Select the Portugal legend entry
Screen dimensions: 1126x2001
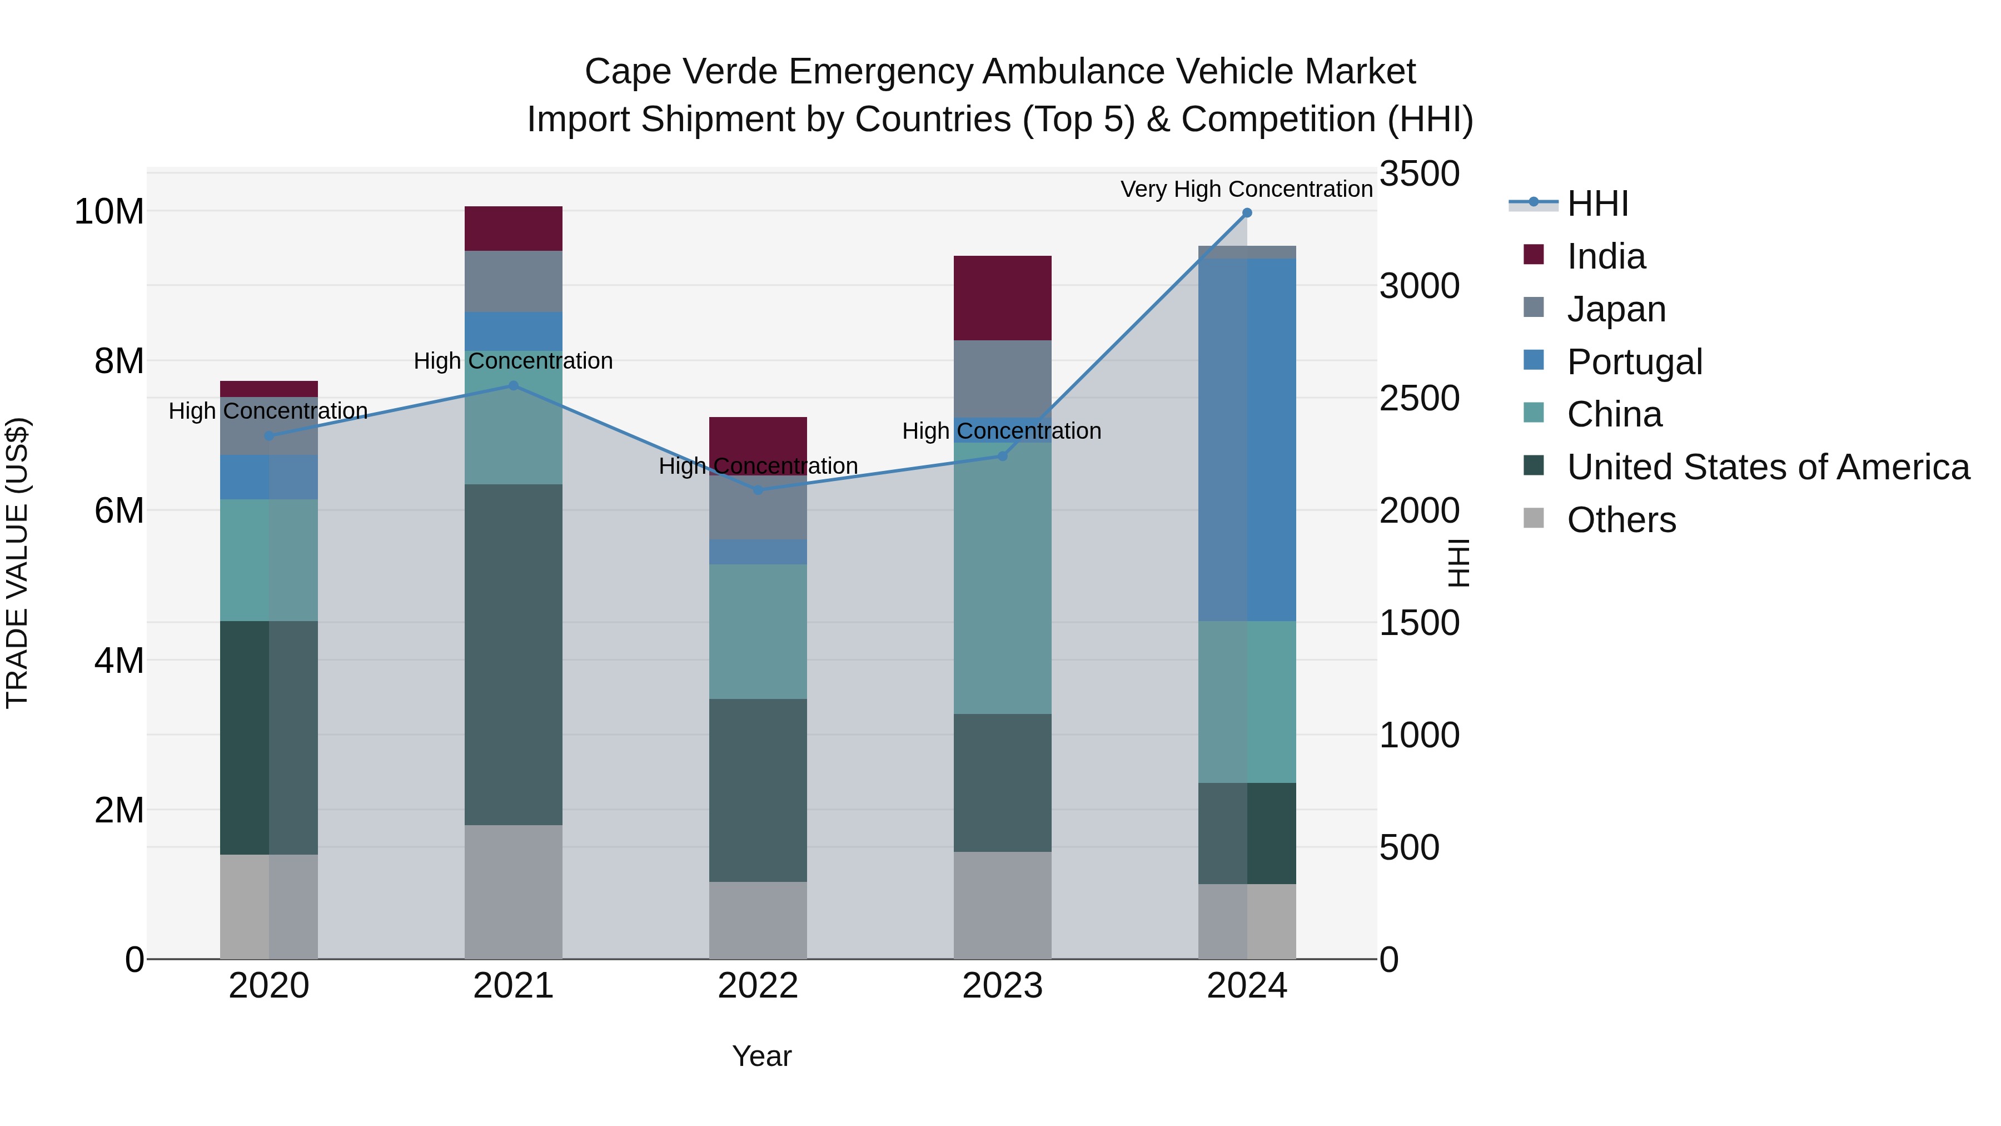tap(1634, 362)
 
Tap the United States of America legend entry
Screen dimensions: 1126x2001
tap(1767, 467)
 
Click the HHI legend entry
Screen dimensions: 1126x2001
tap(1596, 204)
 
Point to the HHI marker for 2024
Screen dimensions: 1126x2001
tap(1247, 213)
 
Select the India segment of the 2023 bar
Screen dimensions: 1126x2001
tap(1002, 297)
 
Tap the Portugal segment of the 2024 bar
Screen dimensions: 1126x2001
tap(1247, 440)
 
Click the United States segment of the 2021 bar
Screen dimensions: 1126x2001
tap(514, 654)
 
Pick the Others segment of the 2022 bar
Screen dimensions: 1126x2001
tap(758, 920)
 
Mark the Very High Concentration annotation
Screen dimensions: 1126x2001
tap(1246, 189)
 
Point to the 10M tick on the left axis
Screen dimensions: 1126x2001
tap(109, 211)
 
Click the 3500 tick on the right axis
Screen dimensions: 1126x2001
tap(1419, 174)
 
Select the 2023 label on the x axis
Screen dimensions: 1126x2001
tap(1002, 986)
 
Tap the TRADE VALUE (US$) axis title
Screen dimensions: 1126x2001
tap(17, 563)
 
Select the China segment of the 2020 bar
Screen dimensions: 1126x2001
tap(269, 560)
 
